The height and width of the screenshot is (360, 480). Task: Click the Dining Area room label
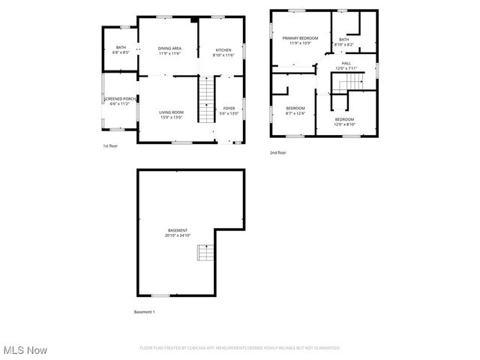point(169,51)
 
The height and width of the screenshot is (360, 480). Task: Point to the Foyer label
point(229,111)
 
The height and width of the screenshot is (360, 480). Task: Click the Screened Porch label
point(120,100)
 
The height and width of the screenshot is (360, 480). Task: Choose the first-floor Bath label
point(121,50)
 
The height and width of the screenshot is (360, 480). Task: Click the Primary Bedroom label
point(300,40)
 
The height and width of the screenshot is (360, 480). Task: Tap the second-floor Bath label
point(343,42)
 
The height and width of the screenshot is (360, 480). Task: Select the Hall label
point(346,66)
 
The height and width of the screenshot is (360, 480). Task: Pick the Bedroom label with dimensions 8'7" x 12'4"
point(295,111)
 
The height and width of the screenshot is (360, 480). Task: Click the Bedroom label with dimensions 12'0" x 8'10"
point(344,121)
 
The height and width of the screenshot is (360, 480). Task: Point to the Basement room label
point(178,232)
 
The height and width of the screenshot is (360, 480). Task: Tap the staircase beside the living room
point(206,101)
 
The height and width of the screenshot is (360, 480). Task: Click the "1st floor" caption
point(110,145)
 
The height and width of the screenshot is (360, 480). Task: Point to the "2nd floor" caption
point(277,153)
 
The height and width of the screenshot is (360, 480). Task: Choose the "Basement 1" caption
point(145,311)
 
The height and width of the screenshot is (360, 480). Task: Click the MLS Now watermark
point(25,350)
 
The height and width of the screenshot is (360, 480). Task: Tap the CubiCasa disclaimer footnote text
point(239,348)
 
